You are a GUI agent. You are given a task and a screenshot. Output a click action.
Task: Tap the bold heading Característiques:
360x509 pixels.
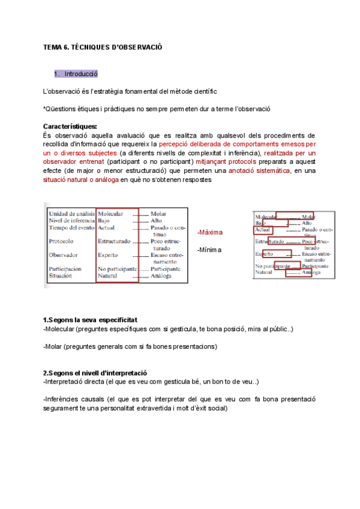[71, 127]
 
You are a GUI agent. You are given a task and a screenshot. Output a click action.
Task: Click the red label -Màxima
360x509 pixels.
[210, 232]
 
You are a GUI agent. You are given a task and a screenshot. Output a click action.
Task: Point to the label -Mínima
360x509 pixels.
[209, 250]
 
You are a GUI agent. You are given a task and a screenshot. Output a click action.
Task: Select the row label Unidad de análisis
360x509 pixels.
[71, 213]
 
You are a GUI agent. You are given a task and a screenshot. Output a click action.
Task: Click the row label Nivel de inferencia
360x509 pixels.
[71, 220]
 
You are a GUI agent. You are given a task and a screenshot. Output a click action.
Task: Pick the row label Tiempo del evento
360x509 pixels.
[71, 228]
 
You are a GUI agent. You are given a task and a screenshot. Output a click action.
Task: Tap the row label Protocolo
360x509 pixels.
[61, 241]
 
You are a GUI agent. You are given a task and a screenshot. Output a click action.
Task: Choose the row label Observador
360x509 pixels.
[63, 254]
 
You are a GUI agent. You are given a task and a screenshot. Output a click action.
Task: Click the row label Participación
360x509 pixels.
[65, 269]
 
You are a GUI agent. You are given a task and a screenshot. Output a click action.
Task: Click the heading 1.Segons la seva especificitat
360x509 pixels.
[91, 320]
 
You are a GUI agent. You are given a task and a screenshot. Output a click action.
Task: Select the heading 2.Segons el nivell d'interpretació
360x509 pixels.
[95, 372]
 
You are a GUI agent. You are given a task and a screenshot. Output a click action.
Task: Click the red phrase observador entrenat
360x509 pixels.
[72, 162]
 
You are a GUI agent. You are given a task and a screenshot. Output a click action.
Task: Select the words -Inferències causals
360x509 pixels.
[71, 399]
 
